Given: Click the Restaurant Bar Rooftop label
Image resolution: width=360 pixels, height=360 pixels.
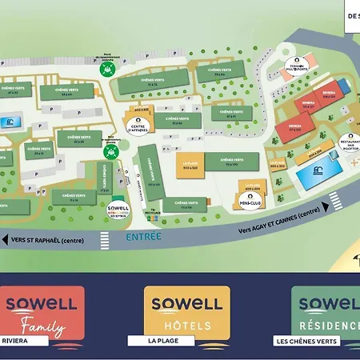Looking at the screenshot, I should tap(350, 142).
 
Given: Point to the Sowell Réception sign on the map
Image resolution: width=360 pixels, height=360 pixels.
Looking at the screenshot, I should tap(118, 210).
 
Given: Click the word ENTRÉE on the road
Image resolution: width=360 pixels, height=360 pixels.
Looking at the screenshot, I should tap(143, 236).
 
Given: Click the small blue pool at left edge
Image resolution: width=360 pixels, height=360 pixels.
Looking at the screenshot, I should tap(10, 123).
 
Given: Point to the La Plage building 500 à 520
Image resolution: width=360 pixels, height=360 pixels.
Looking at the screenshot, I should tap(189, 168).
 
